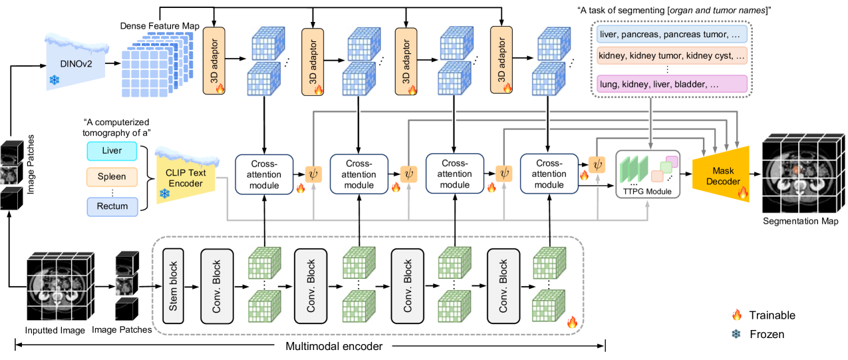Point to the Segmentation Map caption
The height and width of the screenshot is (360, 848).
(800, 221)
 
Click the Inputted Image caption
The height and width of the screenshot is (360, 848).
(55, 329)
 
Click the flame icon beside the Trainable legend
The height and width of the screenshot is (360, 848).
(736, 315)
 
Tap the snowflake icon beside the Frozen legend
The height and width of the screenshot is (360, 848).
(736, 333)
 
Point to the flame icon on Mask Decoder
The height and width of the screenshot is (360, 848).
(742, 194)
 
